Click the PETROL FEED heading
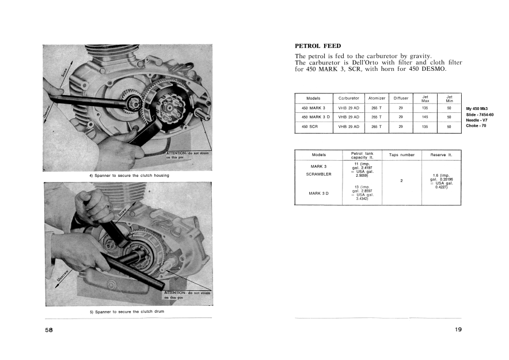[x=318, y=46]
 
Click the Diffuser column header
[x=401, y=98]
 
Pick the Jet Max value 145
[x=425, y=117]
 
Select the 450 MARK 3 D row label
[x=314, y=117]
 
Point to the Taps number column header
[x=401, y=155]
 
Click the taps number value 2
[x=401, y=181]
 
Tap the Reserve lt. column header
[x=442, y=155]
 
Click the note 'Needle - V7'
[x=478, y=120]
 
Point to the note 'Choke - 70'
[x=476, y=126]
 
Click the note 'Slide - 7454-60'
[x=480, y=115]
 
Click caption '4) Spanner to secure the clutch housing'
[x=129, y=175]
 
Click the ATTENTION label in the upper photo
[x=178, y=152]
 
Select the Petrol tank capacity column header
[x=362, y=155]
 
